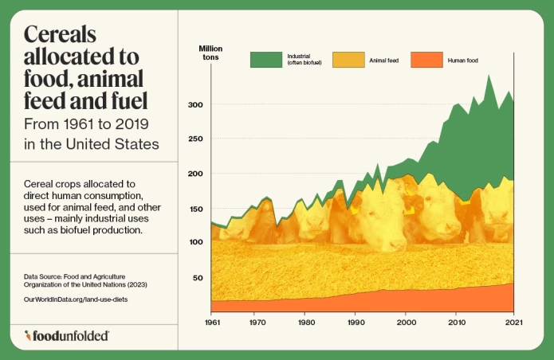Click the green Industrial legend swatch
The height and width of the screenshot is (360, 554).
(265, 60)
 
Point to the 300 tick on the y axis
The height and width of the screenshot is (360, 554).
(195, 105)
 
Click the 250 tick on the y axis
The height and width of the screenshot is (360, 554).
(195, 139)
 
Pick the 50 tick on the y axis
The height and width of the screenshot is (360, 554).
(198, 277)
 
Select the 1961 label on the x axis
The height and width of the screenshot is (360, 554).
(212, 323)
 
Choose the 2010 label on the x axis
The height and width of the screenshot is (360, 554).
(455, 323)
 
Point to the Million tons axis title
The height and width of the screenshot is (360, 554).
(210, 54)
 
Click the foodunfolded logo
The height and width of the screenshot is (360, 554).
(67, 336)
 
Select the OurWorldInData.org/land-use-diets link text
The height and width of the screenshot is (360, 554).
(76, 299)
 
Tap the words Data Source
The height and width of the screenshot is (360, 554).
(45, 276)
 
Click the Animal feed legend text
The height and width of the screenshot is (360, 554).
(383, 60)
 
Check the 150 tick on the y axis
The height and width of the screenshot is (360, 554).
(195, 208)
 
